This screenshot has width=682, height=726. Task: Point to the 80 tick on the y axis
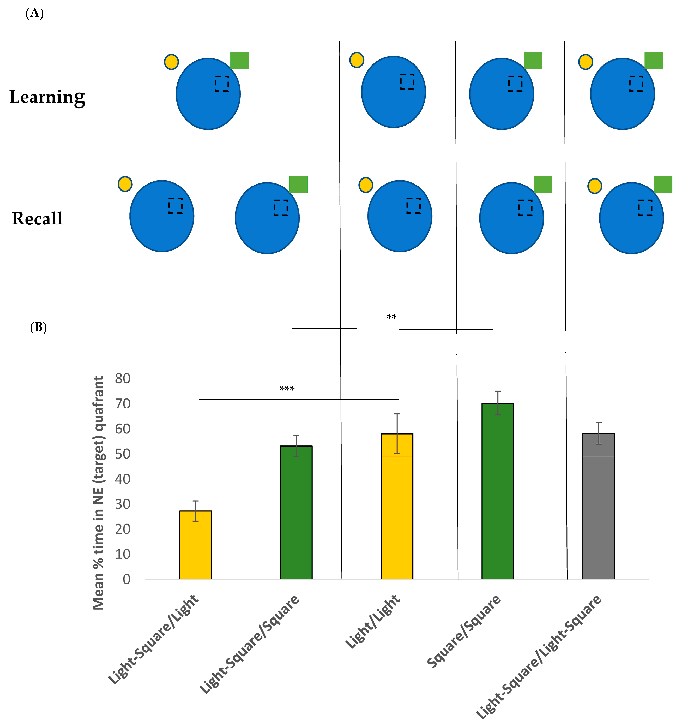(122, 378)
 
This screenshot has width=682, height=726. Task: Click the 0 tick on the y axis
(126, 579)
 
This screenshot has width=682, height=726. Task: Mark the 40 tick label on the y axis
(122, 479)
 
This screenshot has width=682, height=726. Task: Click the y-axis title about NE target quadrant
(99, 493)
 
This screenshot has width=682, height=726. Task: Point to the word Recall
(37, 218)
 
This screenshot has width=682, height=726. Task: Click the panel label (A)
(35, 14)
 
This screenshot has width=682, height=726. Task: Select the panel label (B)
(38, 327)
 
